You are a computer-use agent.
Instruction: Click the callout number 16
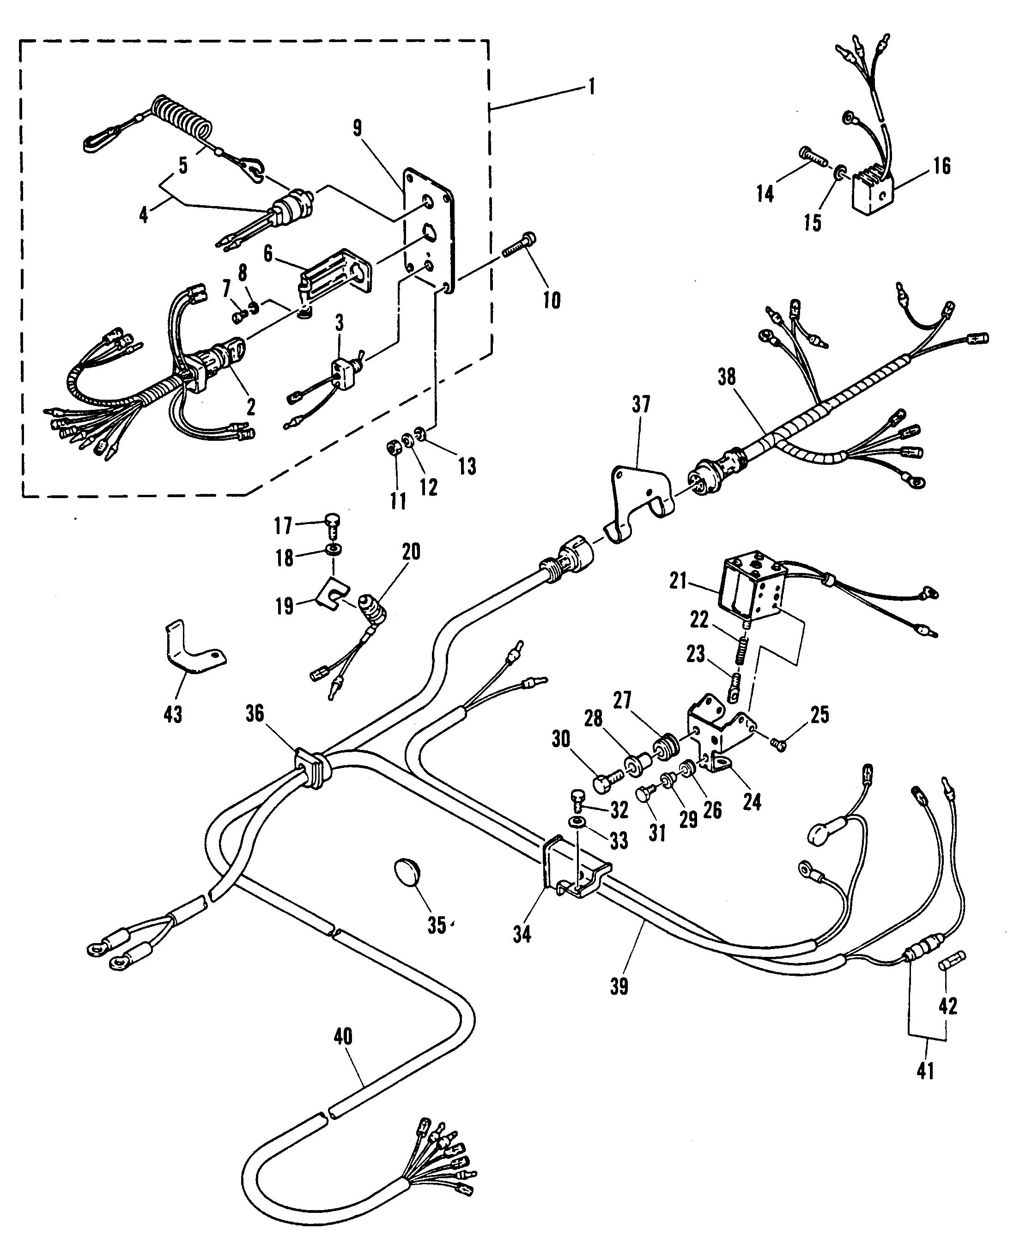941,166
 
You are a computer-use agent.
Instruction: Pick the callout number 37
641,405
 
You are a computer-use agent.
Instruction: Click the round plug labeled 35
408,873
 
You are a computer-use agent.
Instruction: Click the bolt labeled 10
520,244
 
